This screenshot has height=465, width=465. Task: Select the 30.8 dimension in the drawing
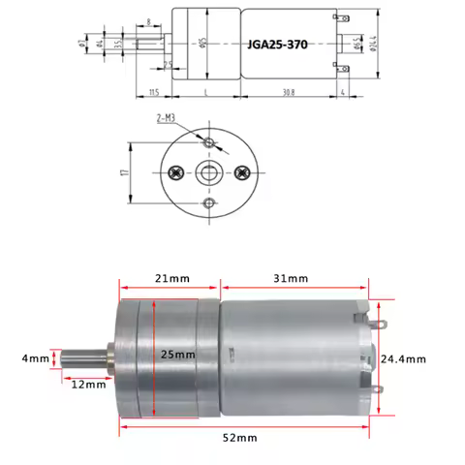(289, 92)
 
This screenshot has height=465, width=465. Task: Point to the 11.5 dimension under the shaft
(154, 92)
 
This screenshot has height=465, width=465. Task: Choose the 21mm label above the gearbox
(172, 278)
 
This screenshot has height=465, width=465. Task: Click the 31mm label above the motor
(292, 278)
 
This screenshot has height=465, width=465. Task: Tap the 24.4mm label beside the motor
(403, 358)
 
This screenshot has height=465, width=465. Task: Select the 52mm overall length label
(241, 437)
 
